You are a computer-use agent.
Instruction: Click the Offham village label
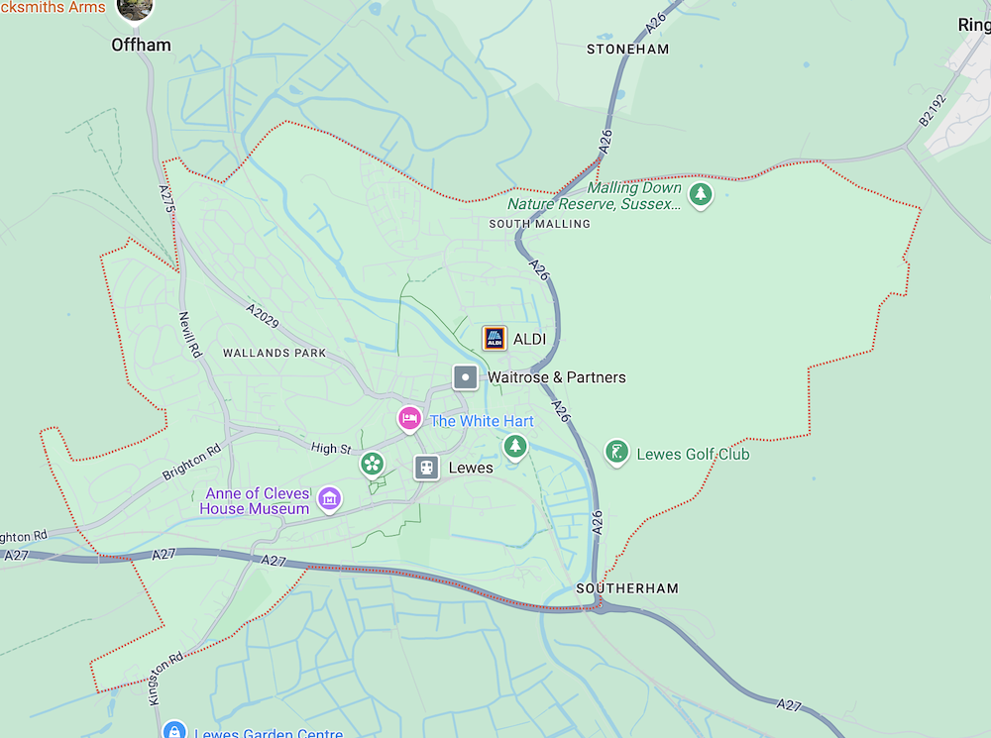click(x=141, y=45)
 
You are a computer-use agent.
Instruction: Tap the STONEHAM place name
click(x=627, y=49)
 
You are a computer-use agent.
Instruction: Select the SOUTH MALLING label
click(x=539, y=224)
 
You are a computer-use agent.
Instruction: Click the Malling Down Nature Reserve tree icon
click(x=701, y=193)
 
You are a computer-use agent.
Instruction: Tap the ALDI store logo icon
click(x=495, y=339)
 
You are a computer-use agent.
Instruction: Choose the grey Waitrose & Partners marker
click(x=465, y=377)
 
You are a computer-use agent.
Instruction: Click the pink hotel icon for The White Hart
click(x=409, y=419)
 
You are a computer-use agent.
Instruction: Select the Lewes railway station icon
click(x=426, y=468)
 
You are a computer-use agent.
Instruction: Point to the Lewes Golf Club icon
click(x=616, y=453)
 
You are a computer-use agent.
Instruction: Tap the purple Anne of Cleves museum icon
click(x=329, y=498)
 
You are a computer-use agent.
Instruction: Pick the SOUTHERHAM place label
click(x=627, y=588)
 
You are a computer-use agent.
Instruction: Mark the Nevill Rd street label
click(x=189, y=334)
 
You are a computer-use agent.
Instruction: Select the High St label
click(x=331, y=449)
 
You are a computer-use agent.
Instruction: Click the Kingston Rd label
click(x=166, y=678)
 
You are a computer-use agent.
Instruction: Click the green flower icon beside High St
click(x=372, y=463)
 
